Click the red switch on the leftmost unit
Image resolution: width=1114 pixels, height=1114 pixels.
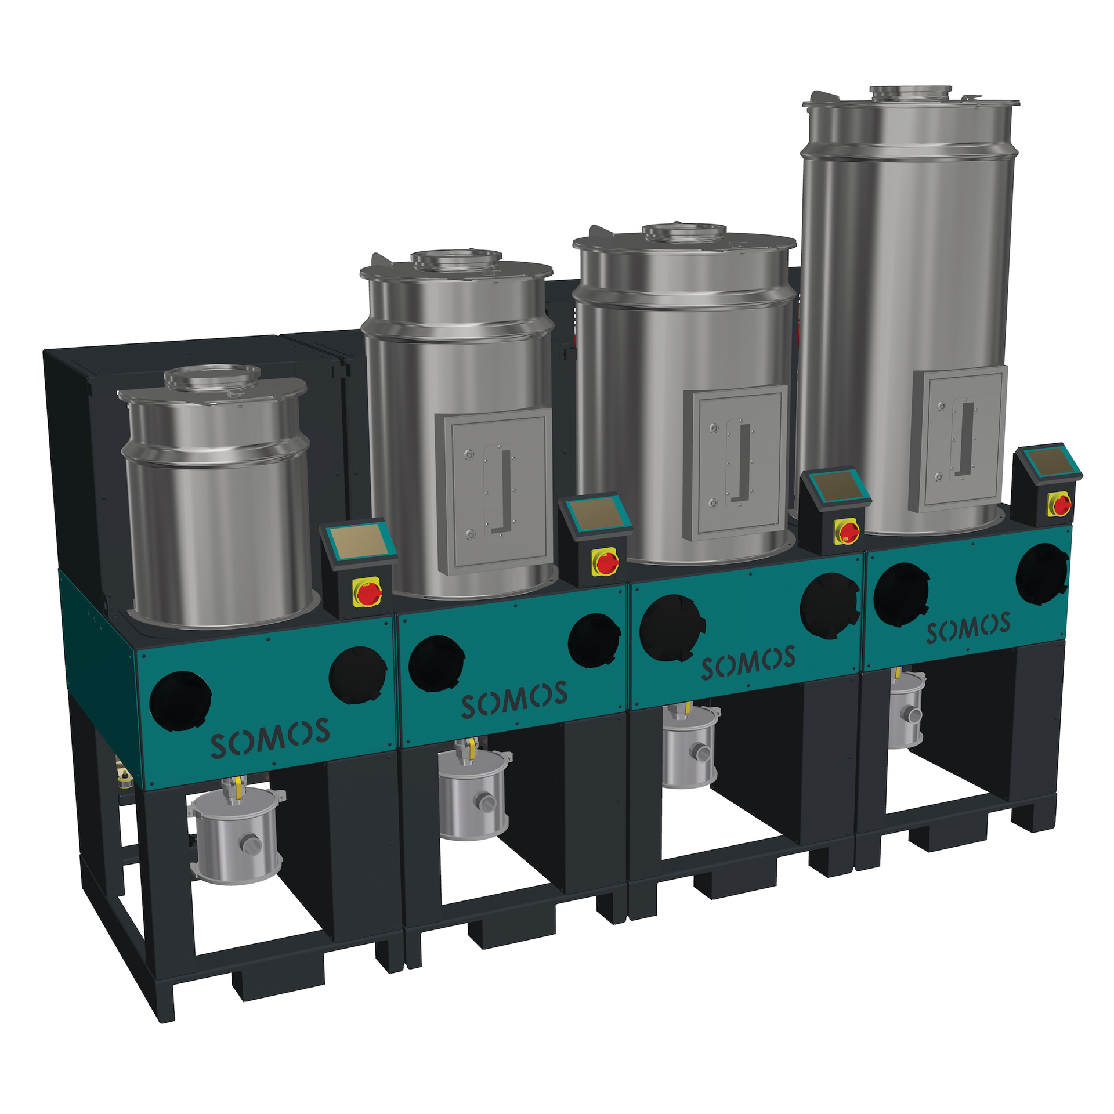368,592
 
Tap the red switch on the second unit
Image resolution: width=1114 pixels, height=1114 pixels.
606,562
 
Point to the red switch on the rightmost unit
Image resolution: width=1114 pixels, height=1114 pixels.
1061,505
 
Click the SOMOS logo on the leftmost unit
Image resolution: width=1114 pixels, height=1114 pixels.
270,737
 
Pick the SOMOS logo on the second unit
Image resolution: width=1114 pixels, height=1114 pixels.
514,699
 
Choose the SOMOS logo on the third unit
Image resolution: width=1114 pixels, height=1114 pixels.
748,662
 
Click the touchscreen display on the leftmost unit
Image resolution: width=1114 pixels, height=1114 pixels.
358,541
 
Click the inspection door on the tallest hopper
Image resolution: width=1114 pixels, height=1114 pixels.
958,439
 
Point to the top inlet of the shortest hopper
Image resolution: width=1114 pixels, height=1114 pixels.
212,376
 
